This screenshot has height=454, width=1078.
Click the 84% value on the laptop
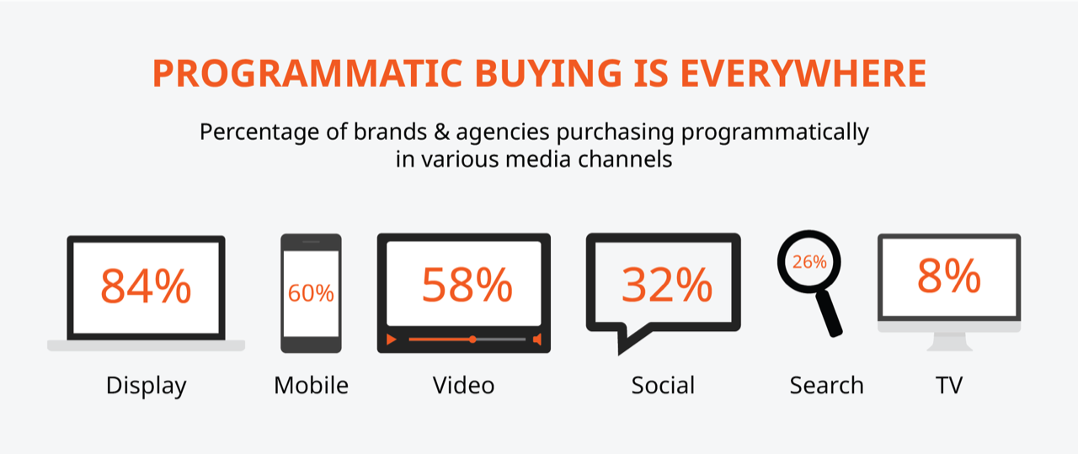tap(146, 286)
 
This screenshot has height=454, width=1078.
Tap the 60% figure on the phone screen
tap(311, 293)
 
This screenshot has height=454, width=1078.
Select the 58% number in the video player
tap(467, 285)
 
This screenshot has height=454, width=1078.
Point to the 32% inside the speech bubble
tap(666, 285)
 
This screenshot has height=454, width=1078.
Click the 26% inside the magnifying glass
tap(809, 262)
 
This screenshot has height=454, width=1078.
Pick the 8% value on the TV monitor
tap(949, 276)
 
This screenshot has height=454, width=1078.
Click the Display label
tap(147, 387)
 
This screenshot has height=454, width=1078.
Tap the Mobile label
tap(311, 385)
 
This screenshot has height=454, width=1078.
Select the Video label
tap(463, 385)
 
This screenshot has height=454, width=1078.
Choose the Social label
tap(663, 385)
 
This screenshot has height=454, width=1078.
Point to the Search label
tap(827, 385)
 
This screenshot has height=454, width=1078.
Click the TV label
tap(949, 385)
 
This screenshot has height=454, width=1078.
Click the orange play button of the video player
tap(392, 339)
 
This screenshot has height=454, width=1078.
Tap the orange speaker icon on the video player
tap(537, 339)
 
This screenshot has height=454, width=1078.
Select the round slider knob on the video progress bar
tap(472, 339)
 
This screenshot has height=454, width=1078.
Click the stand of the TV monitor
tap(949, 342)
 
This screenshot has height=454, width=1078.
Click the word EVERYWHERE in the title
tap(803, 73)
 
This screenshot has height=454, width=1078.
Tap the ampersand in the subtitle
tap(441, 132)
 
